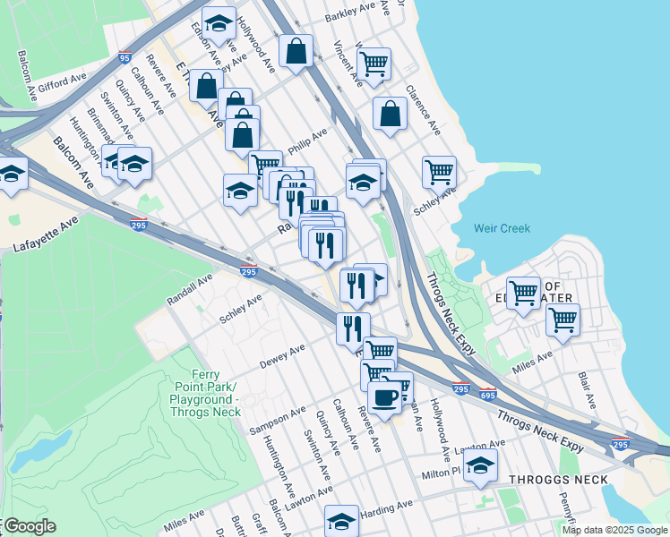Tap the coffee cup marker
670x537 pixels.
point(385,396)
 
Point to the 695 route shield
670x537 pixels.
point(488,394)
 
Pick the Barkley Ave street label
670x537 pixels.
point(350,13)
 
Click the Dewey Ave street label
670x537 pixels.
point(282,356)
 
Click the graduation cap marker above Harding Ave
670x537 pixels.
point(341,519)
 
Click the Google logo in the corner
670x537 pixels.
point(29,526)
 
